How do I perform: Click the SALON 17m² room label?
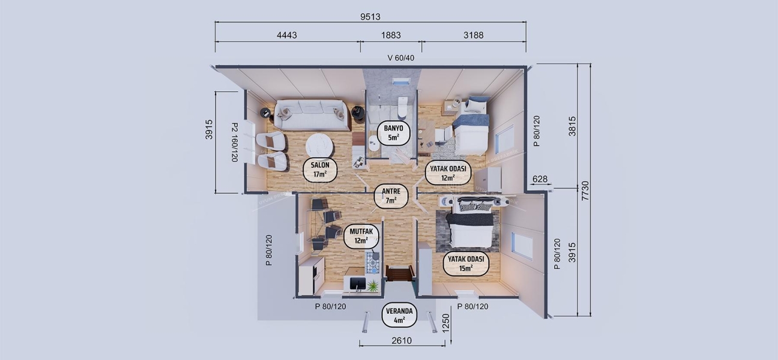click(319, 170)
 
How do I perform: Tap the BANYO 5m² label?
click(393, 133)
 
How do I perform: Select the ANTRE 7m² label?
click(391, 196)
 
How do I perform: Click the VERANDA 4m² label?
click(399, 316)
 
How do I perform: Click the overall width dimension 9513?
click(370, 17)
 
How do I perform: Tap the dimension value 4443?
click(287, 35)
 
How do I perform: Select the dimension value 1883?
click(390, 35)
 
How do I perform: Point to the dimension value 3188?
click(472, 35)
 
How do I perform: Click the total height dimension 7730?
click(585, 190)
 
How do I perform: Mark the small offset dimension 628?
click(540, 179)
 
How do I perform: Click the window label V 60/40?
click(400, 58)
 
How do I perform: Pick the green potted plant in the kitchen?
click(373, 286)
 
